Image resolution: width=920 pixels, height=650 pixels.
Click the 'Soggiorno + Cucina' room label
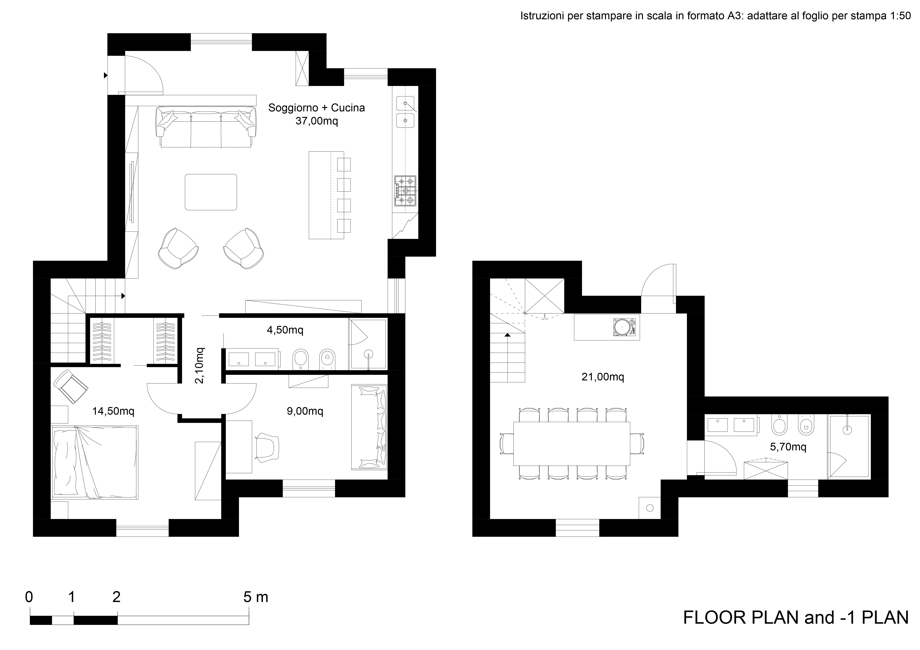(316, 108)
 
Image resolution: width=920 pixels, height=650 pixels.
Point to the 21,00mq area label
(603, 377)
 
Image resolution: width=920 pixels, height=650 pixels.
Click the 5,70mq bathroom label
(788, 447)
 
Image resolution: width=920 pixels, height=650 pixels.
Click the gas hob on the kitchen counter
(405, 191)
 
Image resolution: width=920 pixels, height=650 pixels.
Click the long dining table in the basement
(571, 443)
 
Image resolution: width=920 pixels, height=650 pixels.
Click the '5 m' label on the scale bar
(256, 597)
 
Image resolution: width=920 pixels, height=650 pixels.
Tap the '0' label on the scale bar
(29, 597)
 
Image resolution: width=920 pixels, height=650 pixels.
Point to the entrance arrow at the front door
(106, 75)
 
